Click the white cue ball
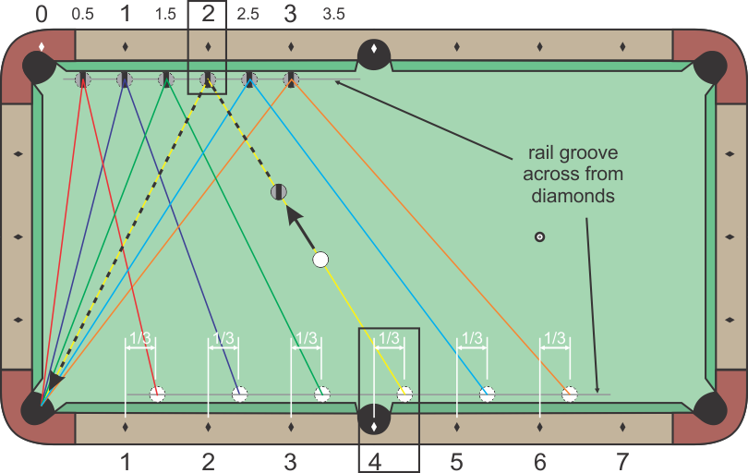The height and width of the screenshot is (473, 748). click(x=320, y=260)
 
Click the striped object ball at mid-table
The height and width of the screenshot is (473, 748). click(x=280, y=192)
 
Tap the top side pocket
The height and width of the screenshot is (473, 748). click(x=374, y=55)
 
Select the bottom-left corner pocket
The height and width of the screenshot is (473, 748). click(x=38, y=406)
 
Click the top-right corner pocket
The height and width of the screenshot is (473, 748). click(x=710, y=67)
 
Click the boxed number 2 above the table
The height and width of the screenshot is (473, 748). click(x=209, y=15)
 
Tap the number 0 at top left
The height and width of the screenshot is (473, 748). click(x=42, y=15)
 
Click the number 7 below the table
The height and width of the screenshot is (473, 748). click(x=622, y=459)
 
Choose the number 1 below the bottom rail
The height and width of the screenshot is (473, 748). click(x=126, y=459)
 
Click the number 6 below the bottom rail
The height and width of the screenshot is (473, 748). click(x=540, y=459)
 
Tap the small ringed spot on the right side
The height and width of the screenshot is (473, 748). click(x=540, y=237)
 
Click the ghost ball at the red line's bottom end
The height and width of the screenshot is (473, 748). click(x=158, y=394)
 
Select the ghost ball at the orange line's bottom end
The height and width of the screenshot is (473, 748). click(x=570, y=394)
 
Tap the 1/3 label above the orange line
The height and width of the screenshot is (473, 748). click(x=554, y=339)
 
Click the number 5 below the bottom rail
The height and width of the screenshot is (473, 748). click(x=456, y=459)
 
